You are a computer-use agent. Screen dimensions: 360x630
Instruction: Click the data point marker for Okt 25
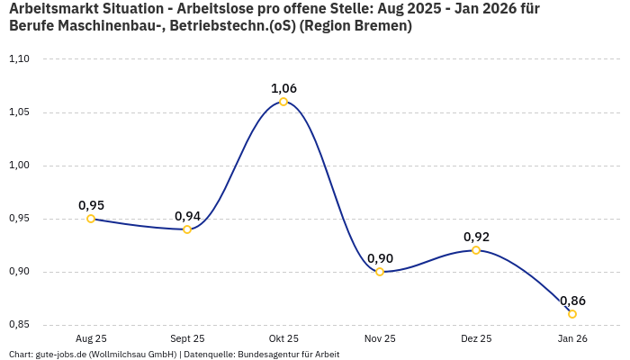tap(283, 102)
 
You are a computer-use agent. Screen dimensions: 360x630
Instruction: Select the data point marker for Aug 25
tap(91, 219)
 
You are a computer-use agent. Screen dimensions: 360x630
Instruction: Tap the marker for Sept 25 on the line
tap(187, 229)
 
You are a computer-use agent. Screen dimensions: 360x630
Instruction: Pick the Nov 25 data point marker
tap(380, 272)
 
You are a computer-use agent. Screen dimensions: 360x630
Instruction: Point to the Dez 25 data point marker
tap(476, 250)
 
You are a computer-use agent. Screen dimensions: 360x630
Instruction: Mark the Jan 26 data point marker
tap(572, 314)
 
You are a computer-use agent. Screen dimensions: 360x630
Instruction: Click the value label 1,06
tap(283, 88)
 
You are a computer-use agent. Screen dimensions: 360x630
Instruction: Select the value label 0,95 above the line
tap(91, 205)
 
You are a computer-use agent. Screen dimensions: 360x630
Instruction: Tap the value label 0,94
tap(187, 216)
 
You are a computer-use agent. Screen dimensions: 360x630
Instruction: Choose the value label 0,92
tap(476, 237)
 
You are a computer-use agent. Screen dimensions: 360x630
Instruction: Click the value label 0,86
tap(572, 301)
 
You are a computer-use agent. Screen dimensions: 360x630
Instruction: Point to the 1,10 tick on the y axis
tap(20, 59)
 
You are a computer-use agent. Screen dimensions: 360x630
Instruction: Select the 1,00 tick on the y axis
tap(20, 166)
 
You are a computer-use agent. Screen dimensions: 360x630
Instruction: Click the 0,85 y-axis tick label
tap(20, 325)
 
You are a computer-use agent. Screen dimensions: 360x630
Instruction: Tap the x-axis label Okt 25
tap(283, 338)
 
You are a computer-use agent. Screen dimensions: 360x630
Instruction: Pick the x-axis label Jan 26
tap(572, 338)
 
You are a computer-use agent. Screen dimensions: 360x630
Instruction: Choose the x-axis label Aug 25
tap(91, 338)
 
